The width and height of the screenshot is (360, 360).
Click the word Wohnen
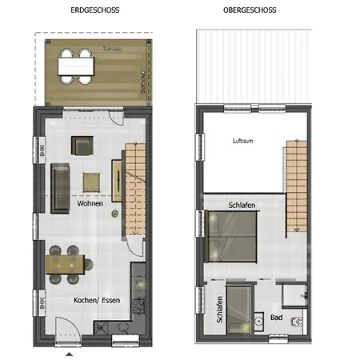[x=90, y=205]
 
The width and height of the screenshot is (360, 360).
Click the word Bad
[x=276, y=318]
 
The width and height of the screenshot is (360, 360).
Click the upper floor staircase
[x=296, y=184]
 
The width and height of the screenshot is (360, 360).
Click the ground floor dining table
[x=68, y=262]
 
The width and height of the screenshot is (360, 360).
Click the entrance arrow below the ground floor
[x=68, y=353]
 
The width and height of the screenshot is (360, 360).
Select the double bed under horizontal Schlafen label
[x=234, y=236]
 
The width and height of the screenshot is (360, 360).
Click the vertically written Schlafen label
[x=220, y=310]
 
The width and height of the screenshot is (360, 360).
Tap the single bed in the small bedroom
[x=238, y=312]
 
